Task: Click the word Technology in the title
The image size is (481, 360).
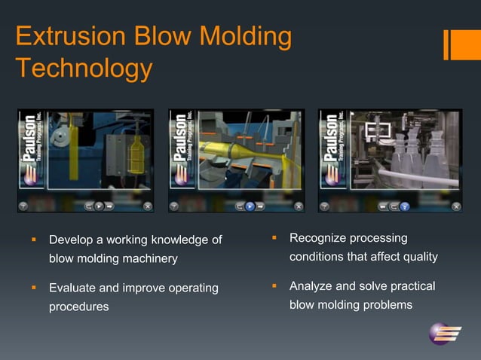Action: pos(83,69)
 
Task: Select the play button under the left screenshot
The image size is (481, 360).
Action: pos(99,205)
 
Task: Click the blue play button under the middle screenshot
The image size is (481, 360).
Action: pos(250,205)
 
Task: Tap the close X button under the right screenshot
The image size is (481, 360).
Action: pos(455,205)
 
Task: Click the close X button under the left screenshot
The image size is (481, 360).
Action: pos(147,205)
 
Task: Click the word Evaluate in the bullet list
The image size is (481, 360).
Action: pos(72,288)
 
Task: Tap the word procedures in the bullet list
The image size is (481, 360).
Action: pos(78,307)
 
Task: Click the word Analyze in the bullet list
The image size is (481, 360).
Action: pos(311,286)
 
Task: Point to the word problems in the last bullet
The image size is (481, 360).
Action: pos(387,305)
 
